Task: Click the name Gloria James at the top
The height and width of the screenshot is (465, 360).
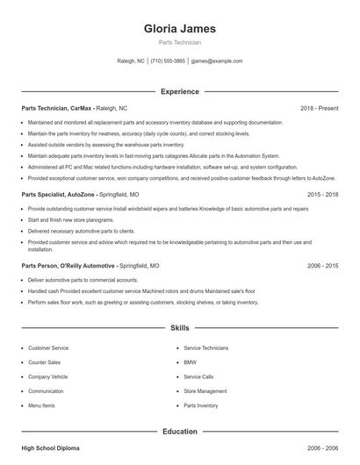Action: [179, 29]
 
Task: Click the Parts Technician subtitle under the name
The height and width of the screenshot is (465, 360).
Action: [179, 42]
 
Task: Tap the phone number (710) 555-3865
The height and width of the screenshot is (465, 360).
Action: [168, 61]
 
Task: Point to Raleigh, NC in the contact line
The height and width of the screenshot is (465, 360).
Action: [131, 61]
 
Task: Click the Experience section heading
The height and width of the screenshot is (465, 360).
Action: [179, 91]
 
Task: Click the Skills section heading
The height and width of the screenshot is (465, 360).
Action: [179, 328]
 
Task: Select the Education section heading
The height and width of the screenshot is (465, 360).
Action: [179, 432]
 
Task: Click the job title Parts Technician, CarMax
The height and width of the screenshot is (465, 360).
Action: [56, 108]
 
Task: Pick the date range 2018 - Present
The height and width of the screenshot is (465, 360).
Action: [319, 108]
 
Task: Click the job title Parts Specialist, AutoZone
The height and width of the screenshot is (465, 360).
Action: [57, 194]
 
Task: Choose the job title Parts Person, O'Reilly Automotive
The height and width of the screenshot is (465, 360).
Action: [68, 265]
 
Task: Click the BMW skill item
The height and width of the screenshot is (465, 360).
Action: [190, 362]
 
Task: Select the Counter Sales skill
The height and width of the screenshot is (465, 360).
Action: [44, 362]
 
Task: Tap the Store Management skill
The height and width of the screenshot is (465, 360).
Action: [205, 391]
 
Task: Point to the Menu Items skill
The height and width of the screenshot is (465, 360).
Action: [41, 406]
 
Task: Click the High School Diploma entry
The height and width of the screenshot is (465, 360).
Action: [50, 448]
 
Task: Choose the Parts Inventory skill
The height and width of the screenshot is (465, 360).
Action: [201, 406]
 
